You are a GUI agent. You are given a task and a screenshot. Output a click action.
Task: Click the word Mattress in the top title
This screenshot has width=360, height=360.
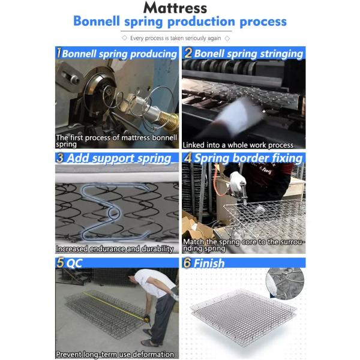tap(175, 8)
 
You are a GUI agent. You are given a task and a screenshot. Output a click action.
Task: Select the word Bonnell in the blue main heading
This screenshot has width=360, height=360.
tap(97, 21)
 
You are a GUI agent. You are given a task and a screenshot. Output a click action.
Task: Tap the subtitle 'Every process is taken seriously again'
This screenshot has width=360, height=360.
tap(176, 38)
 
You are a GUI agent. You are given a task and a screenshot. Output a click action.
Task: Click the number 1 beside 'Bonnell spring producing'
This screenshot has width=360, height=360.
tap(59, 53)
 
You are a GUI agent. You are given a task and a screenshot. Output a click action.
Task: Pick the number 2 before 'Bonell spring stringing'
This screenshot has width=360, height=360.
tap(188, 53)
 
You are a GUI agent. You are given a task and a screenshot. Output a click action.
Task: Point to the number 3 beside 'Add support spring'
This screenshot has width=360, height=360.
tap(60, 158)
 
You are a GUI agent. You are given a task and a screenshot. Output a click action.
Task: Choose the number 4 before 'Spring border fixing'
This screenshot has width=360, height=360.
tap(188, 158)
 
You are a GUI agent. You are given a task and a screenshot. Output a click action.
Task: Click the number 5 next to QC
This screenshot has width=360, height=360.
tap(60, 263)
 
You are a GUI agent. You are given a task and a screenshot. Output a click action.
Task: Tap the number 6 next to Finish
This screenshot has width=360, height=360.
tap(187, 263)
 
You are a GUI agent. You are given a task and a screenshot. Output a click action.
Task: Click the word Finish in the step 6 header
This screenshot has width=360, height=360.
tap(209, 263)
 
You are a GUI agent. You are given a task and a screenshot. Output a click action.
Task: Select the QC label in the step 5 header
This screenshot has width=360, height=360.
tap(74, 263)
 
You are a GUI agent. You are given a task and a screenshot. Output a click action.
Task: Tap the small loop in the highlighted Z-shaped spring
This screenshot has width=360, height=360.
tap(113, 213)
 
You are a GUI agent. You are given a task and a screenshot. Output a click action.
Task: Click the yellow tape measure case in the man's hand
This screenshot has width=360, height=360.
tap(146, 319)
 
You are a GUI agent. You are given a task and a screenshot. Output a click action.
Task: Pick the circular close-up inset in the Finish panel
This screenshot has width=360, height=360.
tap(285, 283)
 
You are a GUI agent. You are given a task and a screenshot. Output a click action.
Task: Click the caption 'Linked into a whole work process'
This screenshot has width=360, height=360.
tap(238, 145)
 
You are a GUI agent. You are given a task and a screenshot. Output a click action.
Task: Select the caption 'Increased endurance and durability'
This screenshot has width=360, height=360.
tap(115, 249)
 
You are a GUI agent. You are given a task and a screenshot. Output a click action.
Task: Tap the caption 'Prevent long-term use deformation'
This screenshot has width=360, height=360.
tap(115, 354)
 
